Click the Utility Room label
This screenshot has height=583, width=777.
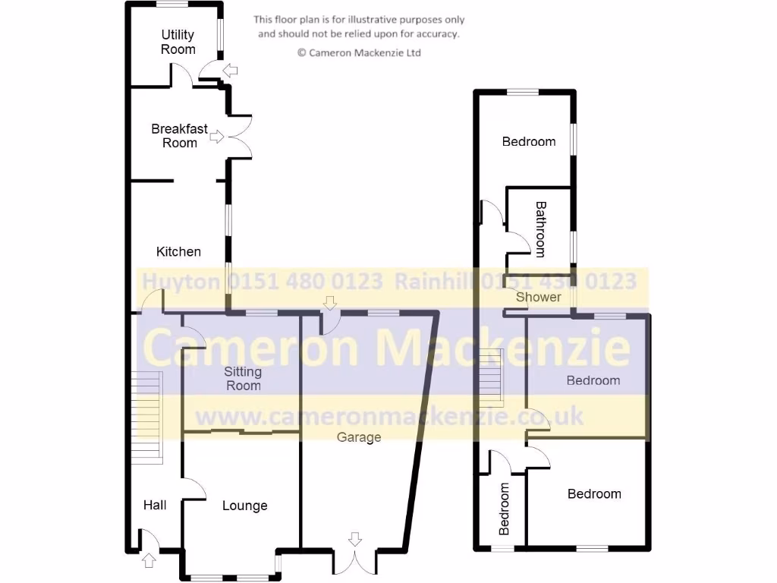178,42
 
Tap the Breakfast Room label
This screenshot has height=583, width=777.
179,136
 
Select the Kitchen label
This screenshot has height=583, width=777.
178,251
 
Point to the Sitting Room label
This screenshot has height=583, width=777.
243,378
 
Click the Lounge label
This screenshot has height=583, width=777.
244,506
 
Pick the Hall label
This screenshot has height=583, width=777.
155,505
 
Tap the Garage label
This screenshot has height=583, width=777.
359,437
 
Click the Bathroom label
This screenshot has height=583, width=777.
540,228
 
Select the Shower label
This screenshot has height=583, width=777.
538,297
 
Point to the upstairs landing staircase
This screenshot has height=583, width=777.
491,376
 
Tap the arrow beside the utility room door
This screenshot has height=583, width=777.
231,71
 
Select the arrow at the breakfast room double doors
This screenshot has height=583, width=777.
216,137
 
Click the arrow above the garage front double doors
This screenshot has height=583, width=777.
354,540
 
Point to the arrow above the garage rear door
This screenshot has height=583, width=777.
329,302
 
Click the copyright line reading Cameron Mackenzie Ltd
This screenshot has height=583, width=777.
359,53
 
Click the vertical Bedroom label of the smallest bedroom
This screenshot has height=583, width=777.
505,509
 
